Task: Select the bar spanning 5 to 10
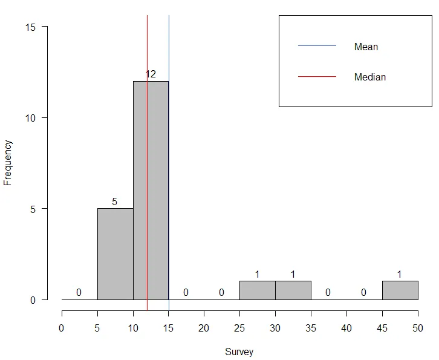[x=115, y=254]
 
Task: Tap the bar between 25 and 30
[x=258, y=290]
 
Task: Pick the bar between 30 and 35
[x=293, y=290]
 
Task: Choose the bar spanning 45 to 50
[x=400, y=290]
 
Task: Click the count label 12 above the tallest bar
[x=151, y=74]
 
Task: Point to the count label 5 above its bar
[x=115, y=201]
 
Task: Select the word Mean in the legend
[x=366, y=47]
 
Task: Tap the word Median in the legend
[x=369, y=77]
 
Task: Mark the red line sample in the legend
[x=317, y=77]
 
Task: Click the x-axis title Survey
[x=239, y=352]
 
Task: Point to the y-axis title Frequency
[x=8, y=162]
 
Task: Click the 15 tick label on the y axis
[x=31, y=27]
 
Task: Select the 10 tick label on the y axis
[x=31, y=118]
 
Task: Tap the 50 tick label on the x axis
[x=418, y=328]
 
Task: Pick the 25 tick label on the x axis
[x=240, y=328]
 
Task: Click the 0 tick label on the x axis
[x=62, y=328]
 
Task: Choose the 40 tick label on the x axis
[x=346, y=328]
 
